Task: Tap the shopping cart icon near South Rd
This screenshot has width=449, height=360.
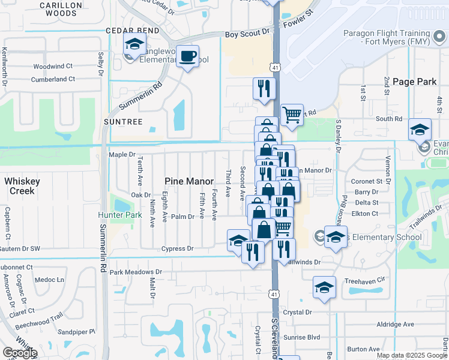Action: click(292, 114)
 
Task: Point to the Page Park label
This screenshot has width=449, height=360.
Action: click(411, 82)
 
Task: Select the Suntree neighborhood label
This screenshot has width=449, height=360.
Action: click(122, 122)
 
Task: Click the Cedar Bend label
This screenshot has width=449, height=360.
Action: click(133, 30)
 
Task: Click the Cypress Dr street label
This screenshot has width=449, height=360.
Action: click(177, 248)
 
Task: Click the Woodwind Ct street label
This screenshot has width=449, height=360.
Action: click(53, 66)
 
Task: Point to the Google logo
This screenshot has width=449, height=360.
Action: click(20, 353)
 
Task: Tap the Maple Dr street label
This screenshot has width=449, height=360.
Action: click(122, 155)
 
